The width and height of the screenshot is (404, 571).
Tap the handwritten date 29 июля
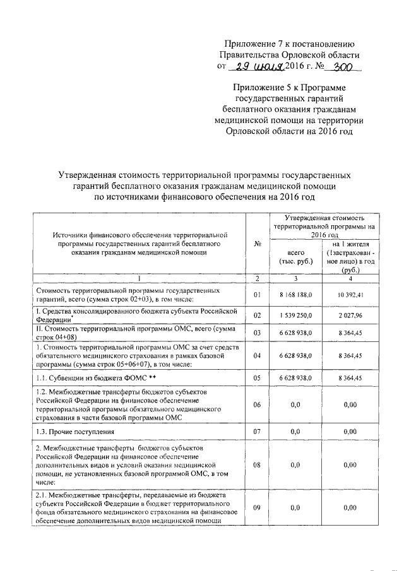click(x=256, y=68)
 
